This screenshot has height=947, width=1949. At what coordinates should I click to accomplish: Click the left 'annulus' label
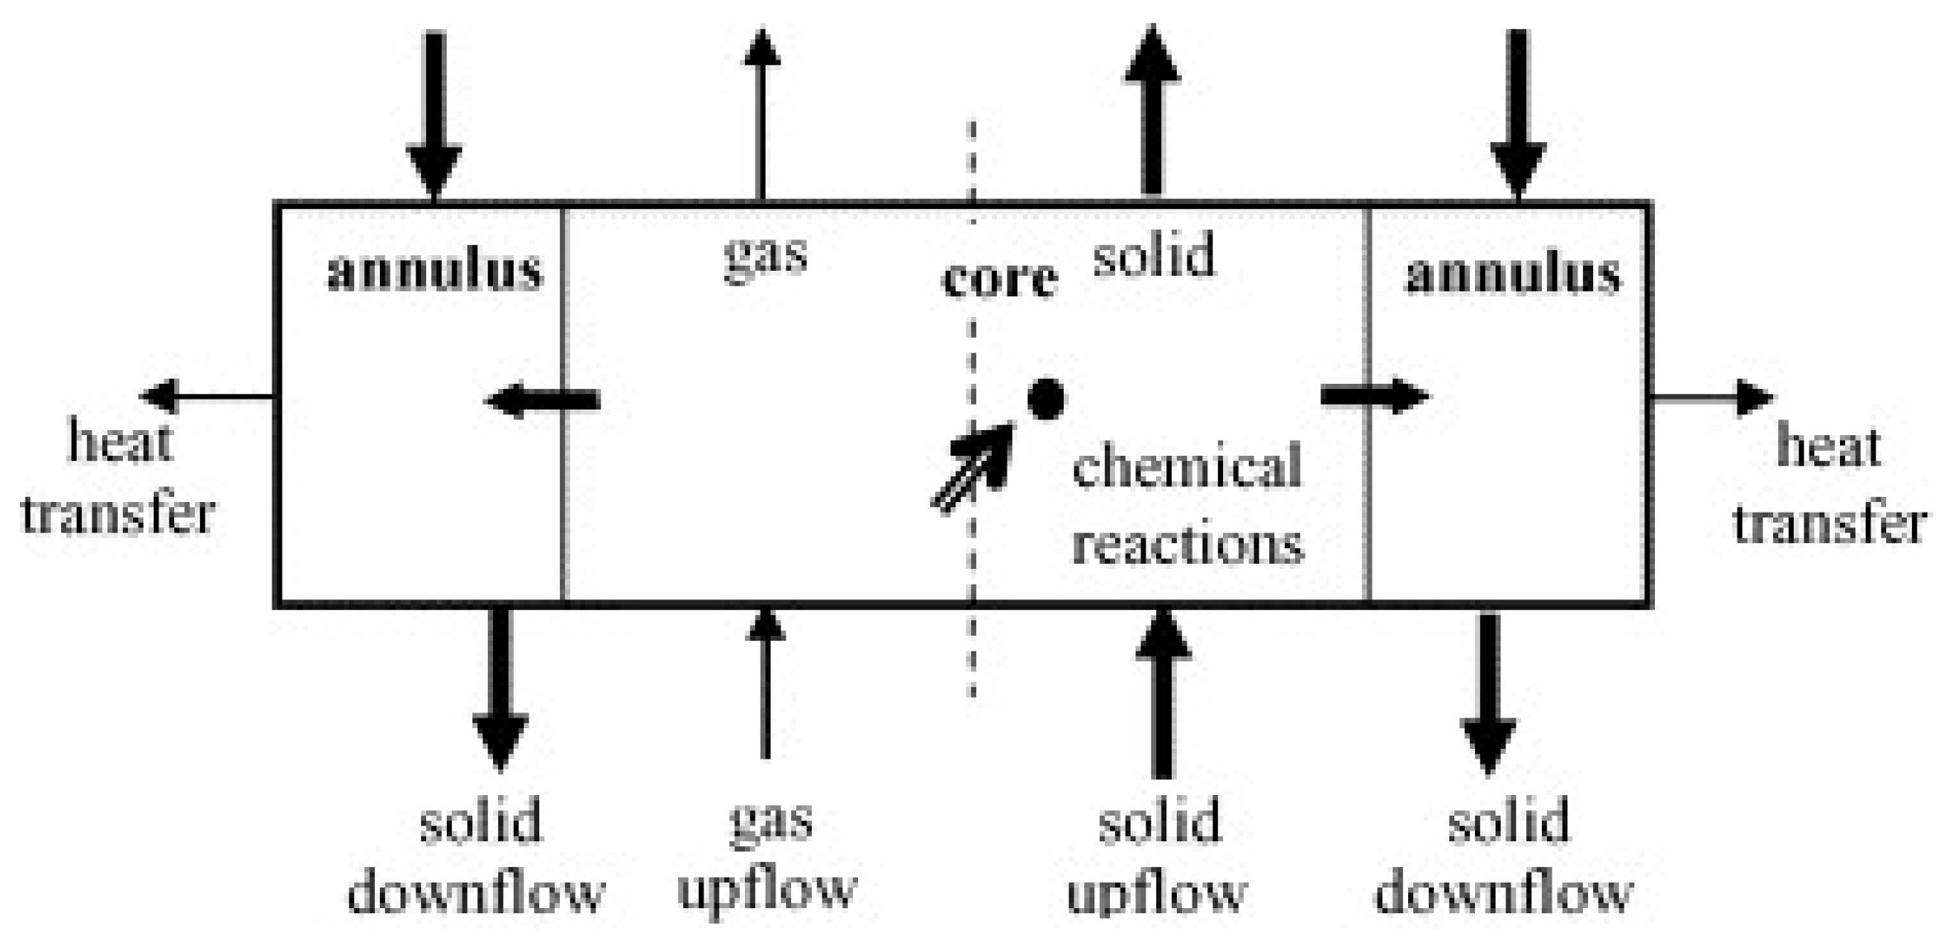click(x=435, y=271)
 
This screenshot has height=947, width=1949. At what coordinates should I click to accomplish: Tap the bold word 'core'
click(x=999, y=278)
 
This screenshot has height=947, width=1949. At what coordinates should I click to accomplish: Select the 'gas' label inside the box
click(x=765, y=255)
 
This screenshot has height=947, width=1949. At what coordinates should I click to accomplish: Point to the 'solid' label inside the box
click(x=1154, y=254)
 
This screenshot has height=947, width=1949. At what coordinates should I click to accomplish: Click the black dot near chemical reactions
click(x=1046, y=400)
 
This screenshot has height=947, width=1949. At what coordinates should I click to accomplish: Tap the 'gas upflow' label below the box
click(x=768, y=855)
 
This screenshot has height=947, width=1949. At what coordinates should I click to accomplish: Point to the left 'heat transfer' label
click(x=118, y=477)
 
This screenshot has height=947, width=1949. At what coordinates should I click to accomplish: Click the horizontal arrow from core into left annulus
click(x=543, y=402)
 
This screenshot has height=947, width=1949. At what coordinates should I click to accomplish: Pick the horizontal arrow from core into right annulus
click(x=1373, y=396)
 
